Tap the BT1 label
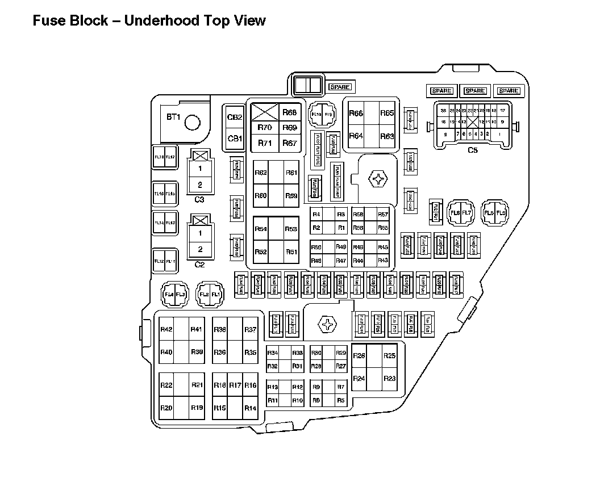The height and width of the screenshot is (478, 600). click(173, 118)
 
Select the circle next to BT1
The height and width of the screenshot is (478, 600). click(193, 121)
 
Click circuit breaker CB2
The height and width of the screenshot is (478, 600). click(235, 118)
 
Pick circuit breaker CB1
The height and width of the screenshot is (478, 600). click(235, 139)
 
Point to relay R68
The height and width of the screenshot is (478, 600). click(290, 112)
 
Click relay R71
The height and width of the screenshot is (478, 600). click(265, 143)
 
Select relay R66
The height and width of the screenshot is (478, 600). click(356, 114)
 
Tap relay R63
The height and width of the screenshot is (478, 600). click(387, 136)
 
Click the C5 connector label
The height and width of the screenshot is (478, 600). click(472, 150)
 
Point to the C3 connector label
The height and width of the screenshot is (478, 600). click(199, 199)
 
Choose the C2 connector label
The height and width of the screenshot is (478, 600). click(199, 265)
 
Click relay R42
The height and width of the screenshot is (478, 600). click(166, 329)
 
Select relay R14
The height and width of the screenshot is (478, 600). click(250, 408)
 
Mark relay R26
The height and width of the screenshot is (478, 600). click(359, 356)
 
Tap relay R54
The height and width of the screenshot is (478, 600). click(261, 229)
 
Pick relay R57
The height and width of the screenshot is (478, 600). click(383, 215)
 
